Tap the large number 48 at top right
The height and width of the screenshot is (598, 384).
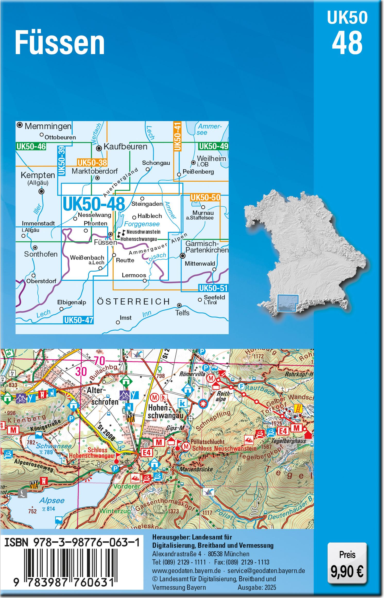pos(347,43)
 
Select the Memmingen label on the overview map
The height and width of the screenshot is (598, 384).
pos(48,126)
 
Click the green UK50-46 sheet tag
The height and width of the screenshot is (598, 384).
pos(31,147)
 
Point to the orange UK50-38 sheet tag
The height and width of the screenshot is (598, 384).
pos(92,163)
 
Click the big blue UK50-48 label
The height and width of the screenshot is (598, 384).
pos(94,204)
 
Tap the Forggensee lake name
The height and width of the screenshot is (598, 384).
pos(142,224)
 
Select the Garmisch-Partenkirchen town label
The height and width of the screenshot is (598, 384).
pos(207,247)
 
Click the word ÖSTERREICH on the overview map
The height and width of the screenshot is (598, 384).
pos(133,301)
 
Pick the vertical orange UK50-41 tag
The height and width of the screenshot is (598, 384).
pos(178,136)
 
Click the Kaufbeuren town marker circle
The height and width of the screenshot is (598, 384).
pos(99,148)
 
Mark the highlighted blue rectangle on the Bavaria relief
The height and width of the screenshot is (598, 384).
pos(288,303)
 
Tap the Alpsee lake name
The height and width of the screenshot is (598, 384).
pos(52,500)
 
